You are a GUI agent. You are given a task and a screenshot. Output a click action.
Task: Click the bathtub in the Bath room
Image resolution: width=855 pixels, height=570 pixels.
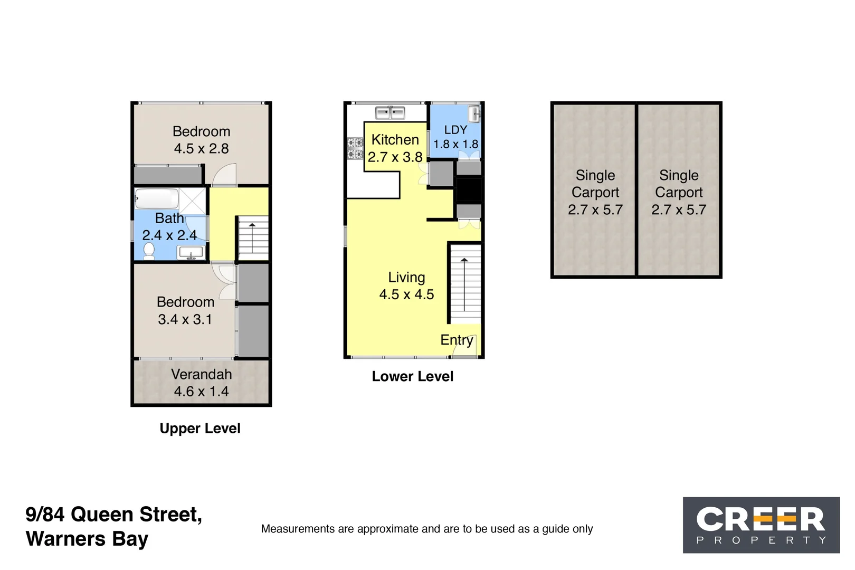157,199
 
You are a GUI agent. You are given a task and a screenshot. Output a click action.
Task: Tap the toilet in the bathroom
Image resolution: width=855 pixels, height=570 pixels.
149,251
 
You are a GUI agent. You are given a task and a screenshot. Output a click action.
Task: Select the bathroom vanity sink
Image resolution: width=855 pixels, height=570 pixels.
191,254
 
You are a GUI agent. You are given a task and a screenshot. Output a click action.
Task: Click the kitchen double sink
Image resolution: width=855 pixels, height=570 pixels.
390,112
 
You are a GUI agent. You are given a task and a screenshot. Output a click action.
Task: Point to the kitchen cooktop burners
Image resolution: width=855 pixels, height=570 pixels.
355,148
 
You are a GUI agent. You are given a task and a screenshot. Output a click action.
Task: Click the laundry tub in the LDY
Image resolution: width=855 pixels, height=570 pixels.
474,113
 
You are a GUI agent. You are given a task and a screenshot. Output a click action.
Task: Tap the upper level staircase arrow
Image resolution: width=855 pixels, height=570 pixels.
252,237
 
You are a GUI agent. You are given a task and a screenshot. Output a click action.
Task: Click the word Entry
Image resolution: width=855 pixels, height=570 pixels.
457,340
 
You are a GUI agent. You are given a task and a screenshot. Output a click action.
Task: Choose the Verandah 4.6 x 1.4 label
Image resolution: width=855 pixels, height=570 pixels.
201,383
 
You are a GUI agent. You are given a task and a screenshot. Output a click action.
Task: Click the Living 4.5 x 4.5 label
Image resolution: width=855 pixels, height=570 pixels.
406,286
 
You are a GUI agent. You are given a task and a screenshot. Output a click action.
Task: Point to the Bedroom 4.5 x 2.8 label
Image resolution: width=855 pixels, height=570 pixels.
201,140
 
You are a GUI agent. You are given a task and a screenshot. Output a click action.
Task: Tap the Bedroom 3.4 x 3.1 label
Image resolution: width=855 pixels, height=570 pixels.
185,310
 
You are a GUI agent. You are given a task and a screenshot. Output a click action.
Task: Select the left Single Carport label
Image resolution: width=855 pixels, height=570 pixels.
595,192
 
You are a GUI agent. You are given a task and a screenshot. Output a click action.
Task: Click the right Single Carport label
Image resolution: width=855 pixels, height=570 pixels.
678,192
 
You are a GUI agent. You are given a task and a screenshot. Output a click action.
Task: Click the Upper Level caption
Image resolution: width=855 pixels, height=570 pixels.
200,428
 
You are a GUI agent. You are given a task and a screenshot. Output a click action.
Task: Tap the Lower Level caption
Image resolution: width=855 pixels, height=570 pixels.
412,376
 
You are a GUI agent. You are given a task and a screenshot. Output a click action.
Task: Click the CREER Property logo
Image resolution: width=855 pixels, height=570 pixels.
761,525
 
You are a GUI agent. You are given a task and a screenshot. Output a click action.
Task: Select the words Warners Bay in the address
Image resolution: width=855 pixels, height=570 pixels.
87,539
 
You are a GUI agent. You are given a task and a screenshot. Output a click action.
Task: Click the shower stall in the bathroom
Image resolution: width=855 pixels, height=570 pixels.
193,201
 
